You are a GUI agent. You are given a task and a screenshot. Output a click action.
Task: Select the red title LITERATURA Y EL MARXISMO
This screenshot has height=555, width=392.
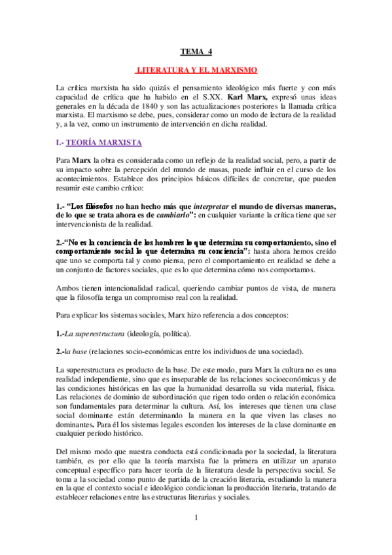pyautogui.click(x=196, y=69)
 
